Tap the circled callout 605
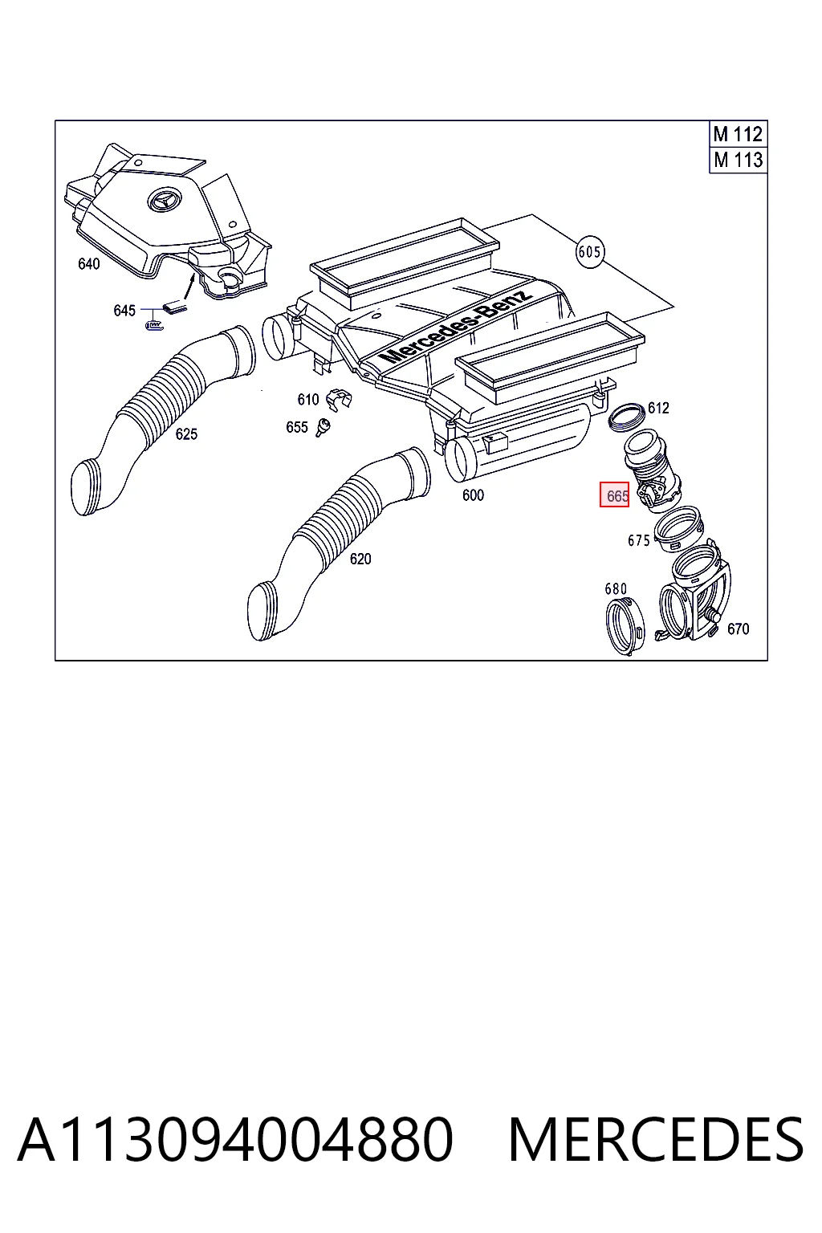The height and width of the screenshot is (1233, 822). pos(590,252)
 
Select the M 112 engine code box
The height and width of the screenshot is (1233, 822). pos(738,134)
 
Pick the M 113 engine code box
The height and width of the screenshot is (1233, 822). pos(738,161)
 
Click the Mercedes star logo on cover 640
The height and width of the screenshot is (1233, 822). pos(163,199)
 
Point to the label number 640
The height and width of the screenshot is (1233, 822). pos(88,263)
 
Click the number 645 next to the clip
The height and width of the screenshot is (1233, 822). pos(124,311)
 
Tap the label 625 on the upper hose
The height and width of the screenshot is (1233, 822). pos(186,433)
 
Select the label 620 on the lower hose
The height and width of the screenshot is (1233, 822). pos(360,559)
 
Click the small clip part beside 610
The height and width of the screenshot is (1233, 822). pos(339,399)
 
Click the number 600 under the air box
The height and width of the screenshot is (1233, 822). pos(473,494)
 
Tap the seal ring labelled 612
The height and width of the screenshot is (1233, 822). pos(626,416)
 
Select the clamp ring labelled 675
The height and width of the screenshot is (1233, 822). pos(678,529)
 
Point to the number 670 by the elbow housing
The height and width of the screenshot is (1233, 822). pos(738,629)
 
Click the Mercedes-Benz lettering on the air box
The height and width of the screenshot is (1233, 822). pos(456,325)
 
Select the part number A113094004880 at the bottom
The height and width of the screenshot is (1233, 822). pos(235,1139)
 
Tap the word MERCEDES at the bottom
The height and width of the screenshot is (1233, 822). pos(656,1139)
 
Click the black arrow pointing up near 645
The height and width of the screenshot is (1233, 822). pos(189,287)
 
